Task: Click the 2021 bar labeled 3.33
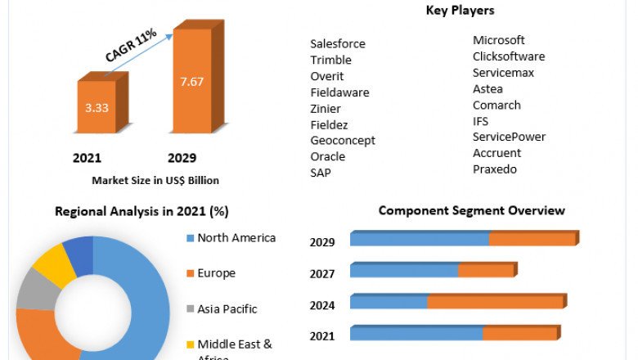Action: tap(97, 106)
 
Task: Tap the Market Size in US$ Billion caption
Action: tap(155, 180)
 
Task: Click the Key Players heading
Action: tap(460, 11)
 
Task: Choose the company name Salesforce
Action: tap(338, 43)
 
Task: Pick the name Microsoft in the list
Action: tap(499, 40)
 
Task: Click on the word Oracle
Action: tap(328, 156)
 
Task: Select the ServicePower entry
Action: tap(509, 137)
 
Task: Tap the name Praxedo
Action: tap(495, 169)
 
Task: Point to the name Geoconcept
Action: tap(343, 140)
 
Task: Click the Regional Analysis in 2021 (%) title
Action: tap(142, 211)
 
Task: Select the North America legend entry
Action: tap(236, 238)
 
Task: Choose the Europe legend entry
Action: tap(216, 273)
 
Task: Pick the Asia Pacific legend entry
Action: tap(227, 309)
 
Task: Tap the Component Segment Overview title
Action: tap(471, 211)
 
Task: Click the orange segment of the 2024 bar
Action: tap(495, 302)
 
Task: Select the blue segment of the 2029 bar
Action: tap(419, 239)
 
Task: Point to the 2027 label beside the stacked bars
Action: tap(322, 274)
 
